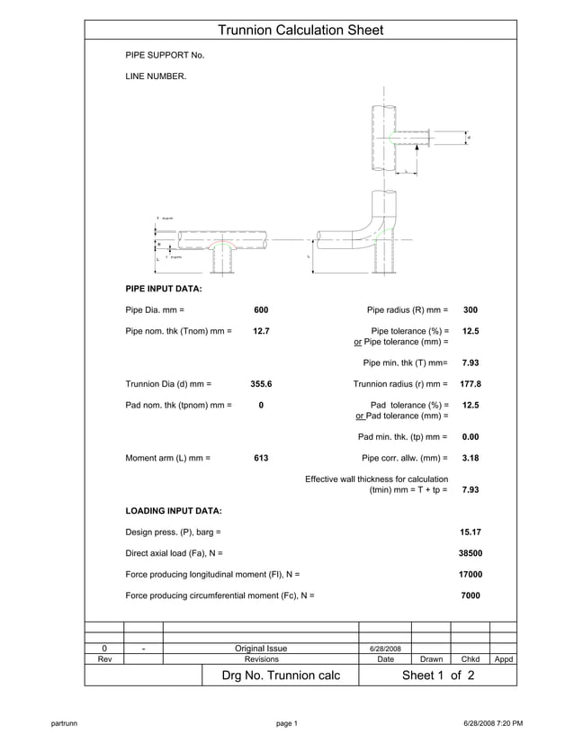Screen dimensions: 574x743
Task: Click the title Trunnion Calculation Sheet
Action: tap(300, 31)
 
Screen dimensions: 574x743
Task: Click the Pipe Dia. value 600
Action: tap(261, 310)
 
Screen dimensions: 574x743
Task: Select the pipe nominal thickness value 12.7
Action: tap(261, 331)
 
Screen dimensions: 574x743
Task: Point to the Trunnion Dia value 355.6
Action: tap(261, 384)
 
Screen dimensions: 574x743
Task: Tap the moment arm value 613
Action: tap(261, 458)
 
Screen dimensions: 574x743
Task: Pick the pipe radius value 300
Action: tap(470, 310)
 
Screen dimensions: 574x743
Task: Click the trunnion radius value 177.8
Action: tap(470, 384)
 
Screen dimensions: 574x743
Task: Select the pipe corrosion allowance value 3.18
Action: tap(470, 458)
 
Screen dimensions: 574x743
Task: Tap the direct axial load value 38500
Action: tap(470, 552)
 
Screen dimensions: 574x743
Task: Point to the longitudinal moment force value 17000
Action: tap(470, 574)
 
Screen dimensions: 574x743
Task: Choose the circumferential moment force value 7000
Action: tap(470, 595)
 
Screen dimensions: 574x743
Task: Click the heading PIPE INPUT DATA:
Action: tap(164, 289)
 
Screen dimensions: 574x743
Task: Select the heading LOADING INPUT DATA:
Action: tap(174, 511)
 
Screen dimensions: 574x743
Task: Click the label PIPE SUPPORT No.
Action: tap(165, 56)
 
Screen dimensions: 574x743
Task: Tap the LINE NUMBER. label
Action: tap(156, 76)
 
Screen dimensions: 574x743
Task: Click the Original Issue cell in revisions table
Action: tap(261, 649)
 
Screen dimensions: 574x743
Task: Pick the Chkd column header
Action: tap(470, 659)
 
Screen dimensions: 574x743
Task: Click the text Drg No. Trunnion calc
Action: tap(281, 676)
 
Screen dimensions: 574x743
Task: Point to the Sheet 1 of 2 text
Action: tap(437, 676)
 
